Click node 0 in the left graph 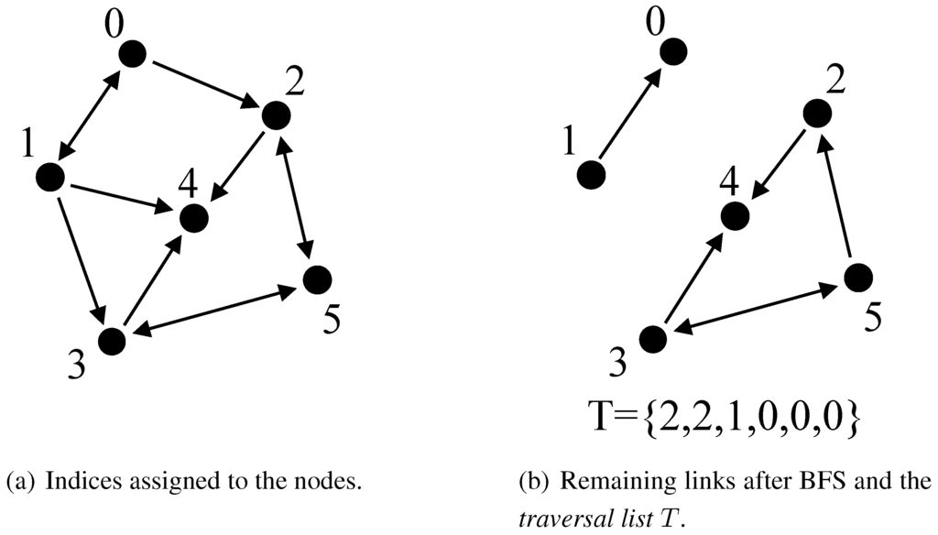(x=134, y=54)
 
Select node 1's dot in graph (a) (x=51, y=177)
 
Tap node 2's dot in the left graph (x=276, y=115)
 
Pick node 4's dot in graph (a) (x=193, y=218)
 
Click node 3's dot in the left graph (x=112, y=340)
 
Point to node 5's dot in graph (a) (x=316, y=278)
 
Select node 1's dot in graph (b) (x=591, y=174)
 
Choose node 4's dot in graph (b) (x=734, y=216)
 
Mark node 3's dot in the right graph (x=652, y=338)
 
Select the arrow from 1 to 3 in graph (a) (x=81, y=257)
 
